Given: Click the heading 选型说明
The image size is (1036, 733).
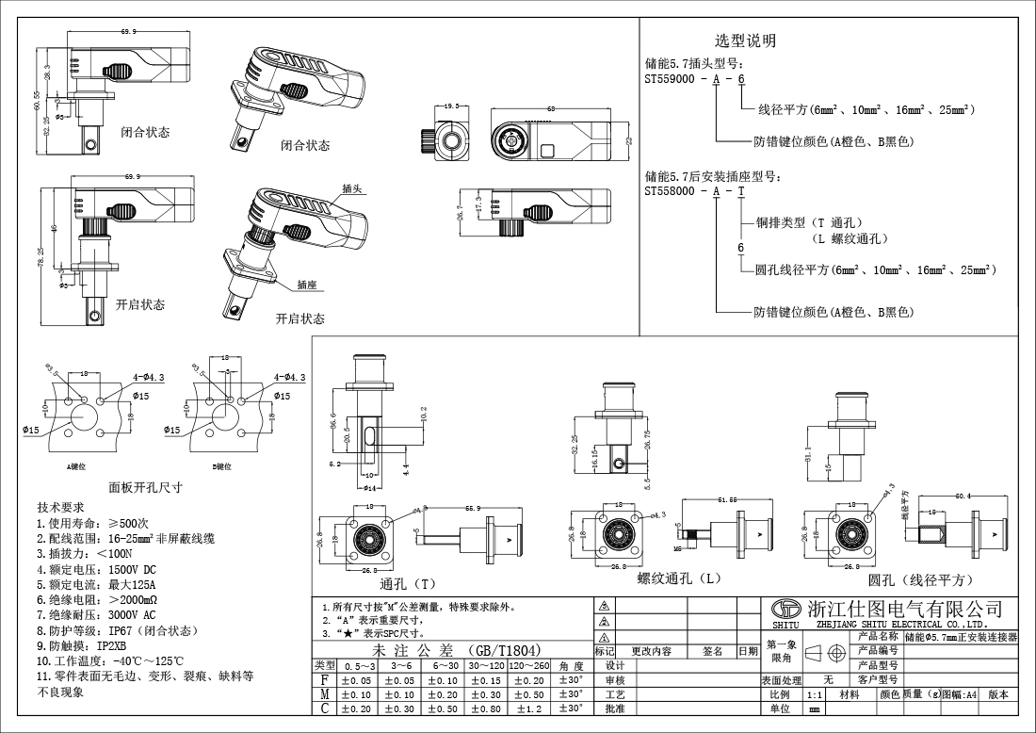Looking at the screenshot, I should [x=746, y=41].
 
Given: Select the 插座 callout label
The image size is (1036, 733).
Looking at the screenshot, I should [x=306, y=284].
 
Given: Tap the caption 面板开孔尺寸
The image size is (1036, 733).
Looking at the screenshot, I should [x=144, y=487].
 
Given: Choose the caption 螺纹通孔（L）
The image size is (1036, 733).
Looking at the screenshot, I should [x=679, y=578].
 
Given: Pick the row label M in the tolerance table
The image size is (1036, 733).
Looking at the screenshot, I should [x=325, y=693].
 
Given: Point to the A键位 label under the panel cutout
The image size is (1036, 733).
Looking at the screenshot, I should [x=77, y=466].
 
